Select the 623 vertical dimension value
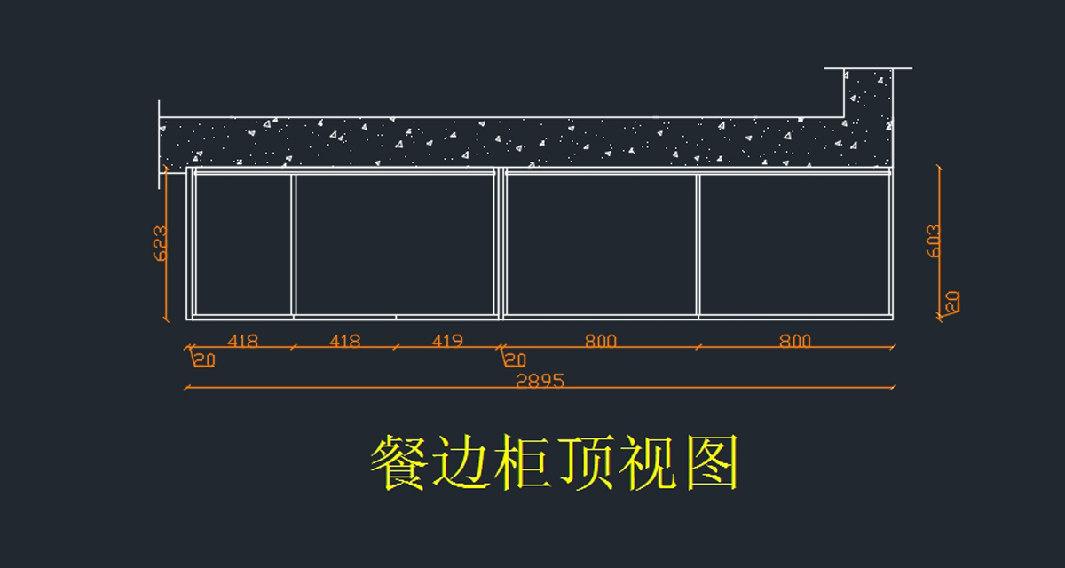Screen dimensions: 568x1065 161,243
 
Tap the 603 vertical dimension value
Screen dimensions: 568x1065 934,240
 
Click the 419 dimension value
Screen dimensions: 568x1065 446,341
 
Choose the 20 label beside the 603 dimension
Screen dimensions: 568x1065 951,302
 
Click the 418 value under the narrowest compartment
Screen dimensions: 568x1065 242,341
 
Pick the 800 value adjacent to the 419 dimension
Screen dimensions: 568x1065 601,341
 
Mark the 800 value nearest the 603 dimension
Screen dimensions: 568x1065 795,341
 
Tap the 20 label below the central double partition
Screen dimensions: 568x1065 515,359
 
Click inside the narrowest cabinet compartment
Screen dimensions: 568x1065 242,244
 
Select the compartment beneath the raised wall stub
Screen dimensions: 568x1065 794,244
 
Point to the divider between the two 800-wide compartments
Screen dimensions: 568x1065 698,244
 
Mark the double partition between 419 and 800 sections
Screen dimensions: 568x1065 500,244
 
